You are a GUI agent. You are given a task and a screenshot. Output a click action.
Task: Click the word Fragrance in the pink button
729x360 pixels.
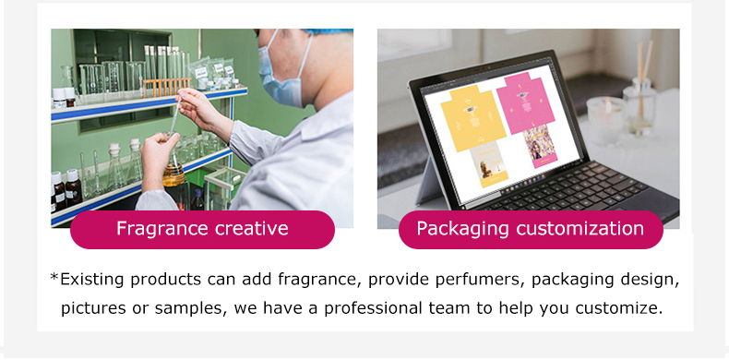(x=160, y=229)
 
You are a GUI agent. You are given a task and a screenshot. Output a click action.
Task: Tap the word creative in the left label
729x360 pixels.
(x=247, y=229)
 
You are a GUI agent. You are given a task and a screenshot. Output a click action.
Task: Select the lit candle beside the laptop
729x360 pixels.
(x=605, y=120)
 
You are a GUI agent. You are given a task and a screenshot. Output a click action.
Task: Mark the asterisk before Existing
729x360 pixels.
(x=54, y=276)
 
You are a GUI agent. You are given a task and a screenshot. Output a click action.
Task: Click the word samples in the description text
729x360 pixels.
(x=185, y=307)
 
